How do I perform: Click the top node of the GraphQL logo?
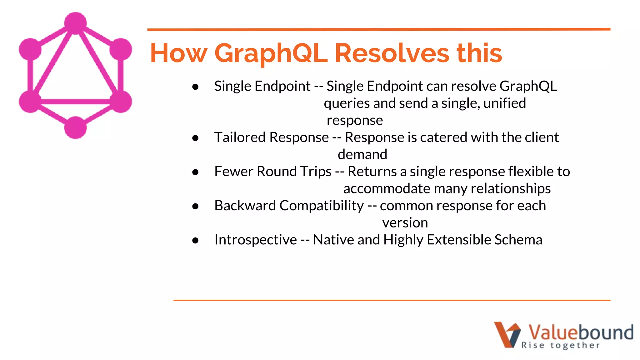pos(75,23)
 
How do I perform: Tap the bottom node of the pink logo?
pos(75,127)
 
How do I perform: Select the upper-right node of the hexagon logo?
pos(121,49)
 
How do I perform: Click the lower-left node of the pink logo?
pos(30,101)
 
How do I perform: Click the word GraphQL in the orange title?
pos(271,53)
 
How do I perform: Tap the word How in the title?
pos(179,53)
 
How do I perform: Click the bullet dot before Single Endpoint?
pos(196,87)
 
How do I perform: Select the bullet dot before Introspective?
pos(196,240)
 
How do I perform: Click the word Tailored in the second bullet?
pos(240,137)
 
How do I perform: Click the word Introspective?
pos(255,240)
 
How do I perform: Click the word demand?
pos(362,154)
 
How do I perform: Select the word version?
pos(405,223)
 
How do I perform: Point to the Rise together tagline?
pos(561,345)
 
